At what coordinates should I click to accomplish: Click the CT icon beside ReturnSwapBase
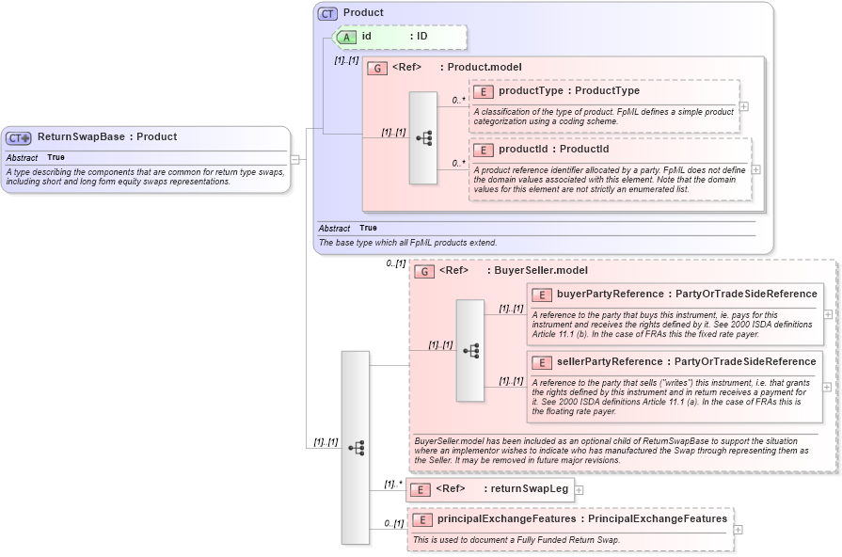click(20, 137)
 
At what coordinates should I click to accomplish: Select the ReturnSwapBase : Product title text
click(107, 137)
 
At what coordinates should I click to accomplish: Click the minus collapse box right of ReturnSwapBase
click(294, 159)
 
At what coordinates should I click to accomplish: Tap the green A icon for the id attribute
click(346, 37)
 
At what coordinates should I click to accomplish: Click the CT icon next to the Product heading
click(327, 13)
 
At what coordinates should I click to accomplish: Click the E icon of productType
click(485, 91)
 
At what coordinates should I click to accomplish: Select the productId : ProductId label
click(553, 150)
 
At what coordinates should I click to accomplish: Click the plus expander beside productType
click(744, 105)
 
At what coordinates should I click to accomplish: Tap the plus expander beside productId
click(755, 169)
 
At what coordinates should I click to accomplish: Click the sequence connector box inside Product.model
click(423, 137)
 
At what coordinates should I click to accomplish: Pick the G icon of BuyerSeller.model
click(424, 271)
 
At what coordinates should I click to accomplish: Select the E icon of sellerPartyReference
click(542, 362)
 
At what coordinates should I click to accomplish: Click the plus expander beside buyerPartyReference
click(827, 314)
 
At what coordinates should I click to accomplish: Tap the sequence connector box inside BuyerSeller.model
click(470, 351)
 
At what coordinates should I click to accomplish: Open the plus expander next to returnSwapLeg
click(579, 489)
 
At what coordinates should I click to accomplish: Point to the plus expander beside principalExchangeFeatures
click(738, 529)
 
